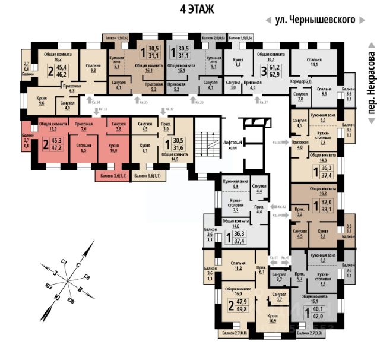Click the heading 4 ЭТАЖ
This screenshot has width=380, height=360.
tap(189, 9)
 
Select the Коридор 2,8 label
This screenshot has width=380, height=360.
tap(301, 80)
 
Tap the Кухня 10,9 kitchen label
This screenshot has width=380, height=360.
tap(273, 318)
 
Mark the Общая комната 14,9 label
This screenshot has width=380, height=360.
tap(175, 156)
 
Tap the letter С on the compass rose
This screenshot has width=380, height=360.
tap(78, 265)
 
